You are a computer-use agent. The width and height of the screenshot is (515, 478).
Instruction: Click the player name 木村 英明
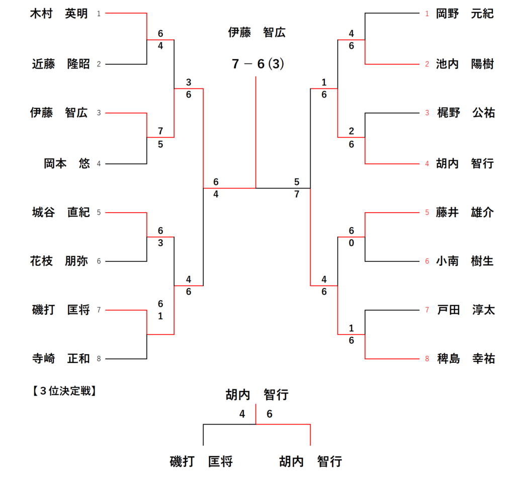(x=59, y=14)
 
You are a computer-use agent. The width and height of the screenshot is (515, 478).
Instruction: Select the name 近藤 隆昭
(x=61, y=64)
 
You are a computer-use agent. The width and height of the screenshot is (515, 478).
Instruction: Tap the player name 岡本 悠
(x=66, y=164)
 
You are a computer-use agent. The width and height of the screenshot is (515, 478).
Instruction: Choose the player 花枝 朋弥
(x=59, y=261)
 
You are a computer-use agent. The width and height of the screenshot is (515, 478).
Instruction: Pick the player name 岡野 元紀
(x=465, y=14)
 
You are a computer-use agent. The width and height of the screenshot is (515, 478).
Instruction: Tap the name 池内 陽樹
(x=465, y=64)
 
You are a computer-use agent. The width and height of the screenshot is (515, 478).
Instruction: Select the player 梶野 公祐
(x=466, y=113)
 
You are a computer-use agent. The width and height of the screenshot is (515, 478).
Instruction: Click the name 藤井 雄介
(x=465, y=213)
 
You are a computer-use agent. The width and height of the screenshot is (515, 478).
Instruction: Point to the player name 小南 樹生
(x=465, y=261)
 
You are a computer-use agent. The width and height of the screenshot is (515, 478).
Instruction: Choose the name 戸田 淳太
(x=466, y=310)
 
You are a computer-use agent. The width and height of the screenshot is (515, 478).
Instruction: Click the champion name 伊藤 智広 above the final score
(x=256, y=33)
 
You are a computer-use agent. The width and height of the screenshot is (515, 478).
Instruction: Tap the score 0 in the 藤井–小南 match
(x=351, y=242)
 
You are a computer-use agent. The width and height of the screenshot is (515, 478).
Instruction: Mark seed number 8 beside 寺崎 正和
(x=99, y=359)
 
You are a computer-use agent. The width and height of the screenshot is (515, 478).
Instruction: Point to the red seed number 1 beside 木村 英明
(x=99, y=14)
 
